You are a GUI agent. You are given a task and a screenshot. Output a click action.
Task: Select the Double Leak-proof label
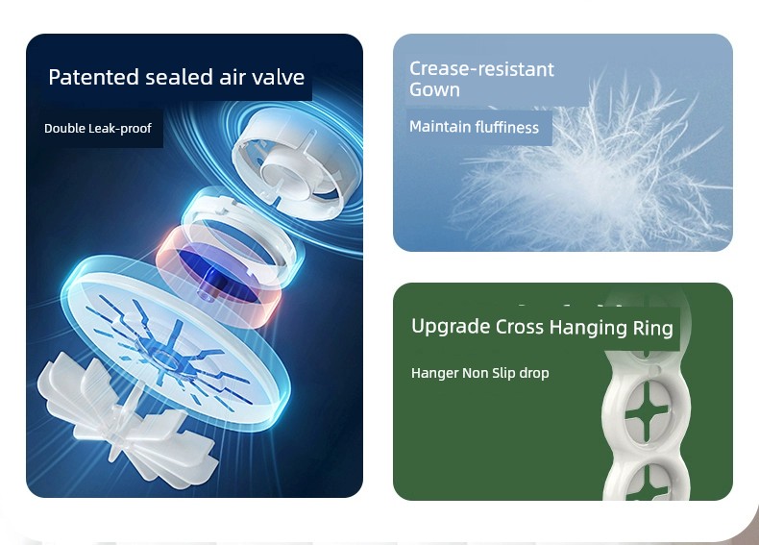98,129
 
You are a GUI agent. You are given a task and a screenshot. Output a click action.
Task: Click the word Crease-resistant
481,69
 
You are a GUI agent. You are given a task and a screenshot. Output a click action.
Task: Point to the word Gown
434,89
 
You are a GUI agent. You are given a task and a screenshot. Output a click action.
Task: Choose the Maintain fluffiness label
474,127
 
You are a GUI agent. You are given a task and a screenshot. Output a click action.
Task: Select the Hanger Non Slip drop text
480,373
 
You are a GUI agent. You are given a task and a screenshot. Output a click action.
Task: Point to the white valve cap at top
295,163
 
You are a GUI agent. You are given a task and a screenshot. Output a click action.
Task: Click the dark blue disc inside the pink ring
218,274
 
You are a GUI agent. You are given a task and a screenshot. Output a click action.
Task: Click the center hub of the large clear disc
167,356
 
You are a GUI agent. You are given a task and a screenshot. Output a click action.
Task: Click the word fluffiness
507,127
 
